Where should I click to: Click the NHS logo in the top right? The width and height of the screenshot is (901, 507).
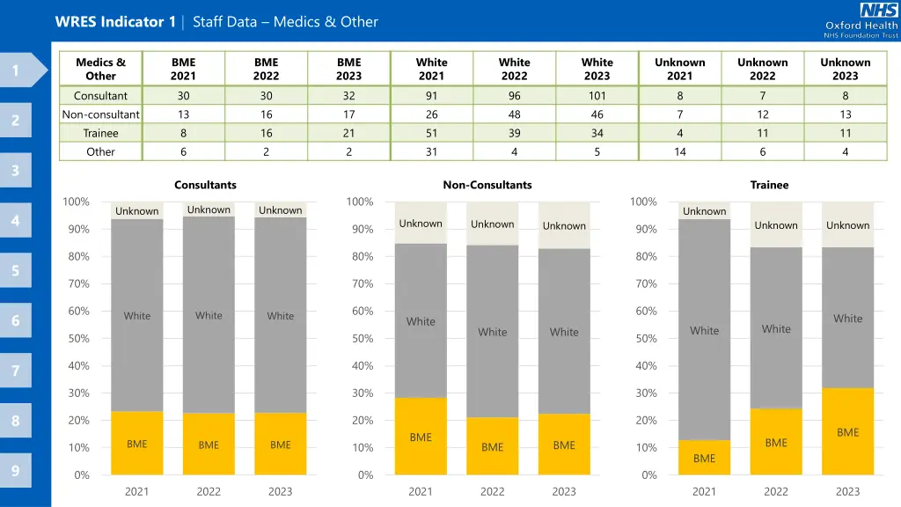(x=878, y=11)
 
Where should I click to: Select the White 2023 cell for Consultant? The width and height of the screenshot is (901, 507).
(x=597, y=96)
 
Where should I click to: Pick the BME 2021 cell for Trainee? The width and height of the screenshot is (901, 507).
(x=183, y=133)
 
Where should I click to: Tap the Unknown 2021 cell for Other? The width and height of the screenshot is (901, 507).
(x=679, y=151)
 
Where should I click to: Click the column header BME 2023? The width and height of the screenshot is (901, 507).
(x=348, y=69)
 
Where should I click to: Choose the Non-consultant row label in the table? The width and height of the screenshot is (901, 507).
(x=100, y=114)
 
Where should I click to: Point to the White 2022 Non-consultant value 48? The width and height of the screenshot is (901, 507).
(x=514, y=114)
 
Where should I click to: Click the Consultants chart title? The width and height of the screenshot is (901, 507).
(x=205, y=185)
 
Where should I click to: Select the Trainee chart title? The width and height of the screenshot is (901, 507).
(x=769, y=185)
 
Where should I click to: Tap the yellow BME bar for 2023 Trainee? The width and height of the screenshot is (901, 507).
(x=847, y=431)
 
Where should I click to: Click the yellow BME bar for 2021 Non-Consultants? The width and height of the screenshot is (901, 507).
(x=421, y=436)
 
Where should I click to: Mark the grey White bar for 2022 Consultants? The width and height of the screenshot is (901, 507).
(x=209, y=315)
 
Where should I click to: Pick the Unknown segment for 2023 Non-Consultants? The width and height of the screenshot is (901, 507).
(x=564, y=226)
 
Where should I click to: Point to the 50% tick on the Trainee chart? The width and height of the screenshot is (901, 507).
(x=648, y=339)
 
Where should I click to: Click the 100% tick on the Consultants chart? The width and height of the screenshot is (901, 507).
(x=77, y=202)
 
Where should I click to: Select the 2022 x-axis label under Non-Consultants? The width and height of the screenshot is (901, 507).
(x=492, y=491)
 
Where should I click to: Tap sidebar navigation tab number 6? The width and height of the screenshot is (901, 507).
(x=16, y=321)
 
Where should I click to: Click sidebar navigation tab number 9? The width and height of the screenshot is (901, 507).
(x=16, y=471)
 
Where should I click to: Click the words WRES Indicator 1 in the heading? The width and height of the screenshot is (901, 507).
(x=114, y=22)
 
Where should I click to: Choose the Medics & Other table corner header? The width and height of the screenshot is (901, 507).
(x=100, y=69)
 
